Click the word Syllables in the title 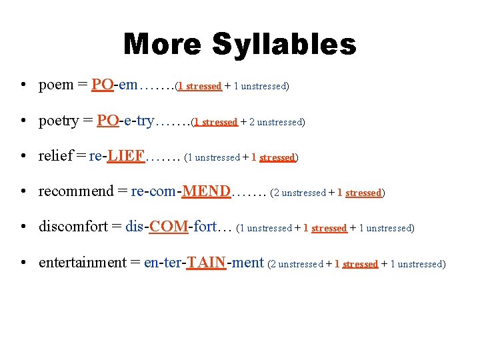click(284, 45)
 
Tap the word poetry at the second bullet click(59, 121)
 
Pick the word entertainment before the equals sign click(82, 263)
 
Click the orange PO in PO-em click(102, 85)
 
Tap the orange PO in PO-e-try click(107, 121)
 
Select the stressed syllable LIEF click(127, 156)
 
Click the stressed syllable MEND click(207, 192)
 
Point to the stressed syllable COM click(169, 227)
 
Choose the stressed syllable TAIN click(207, 263)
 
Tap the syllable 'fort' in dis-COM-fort click(205, 227)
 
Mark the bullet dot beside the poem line click(23, 86)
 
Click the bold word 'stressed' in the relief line click(277, 158)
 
